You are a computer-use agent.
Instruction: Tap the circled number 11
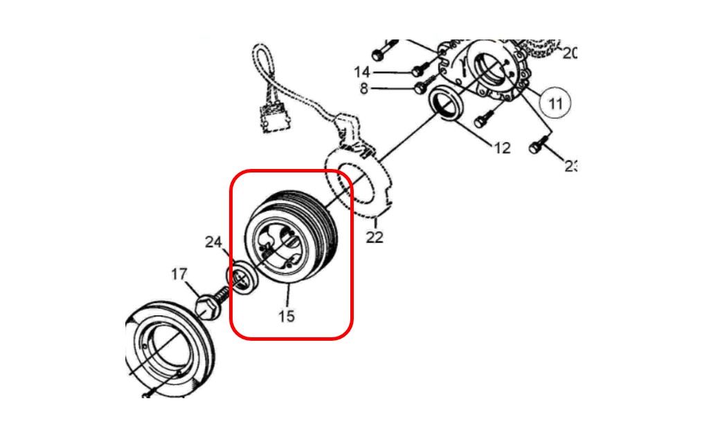tap(555, 104)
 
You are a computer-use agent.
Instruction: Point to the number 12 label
tap(501, 148)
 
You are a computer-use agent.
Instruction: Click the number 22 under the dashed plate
tap(375, 238)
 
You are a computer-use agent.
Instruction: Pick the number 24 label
tap(213, 242)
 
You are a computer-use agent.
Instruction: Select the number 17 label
tap(179, 275)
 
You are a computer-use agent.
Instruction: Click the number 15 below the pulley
tap(287, 316)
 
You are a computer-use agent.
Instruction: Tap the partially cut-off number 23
tap(569, 166)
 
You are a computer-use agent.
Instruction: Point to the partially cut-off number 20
tap(568, 53)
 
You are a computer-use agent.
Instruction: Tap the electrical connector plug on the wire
tap(273, 119)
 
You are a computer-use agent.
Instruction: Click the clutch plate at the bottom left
tap(170, 350)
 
